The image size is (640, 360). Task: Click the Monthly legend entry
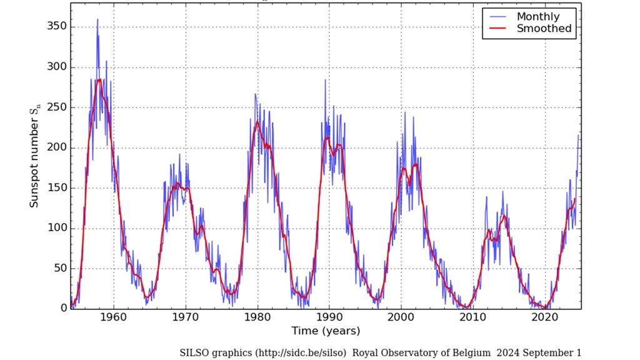(537, 17)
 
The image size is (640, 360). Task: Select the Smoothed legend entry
(543, 29)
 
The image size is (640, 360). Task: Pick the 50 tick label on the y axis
(59, 269)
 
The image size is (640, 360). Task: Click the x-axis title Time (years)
(326, 331)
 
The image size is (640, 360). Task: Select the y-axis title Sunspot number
(35, 157)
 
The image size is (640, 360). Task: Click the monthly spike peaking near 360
(97, 21)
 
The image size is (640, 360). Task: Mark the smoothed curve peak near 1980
(257, 122)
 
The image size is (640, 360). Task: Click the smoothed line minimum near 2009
(466, 307)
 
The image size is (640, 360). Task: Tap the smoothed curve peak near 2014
(504, 216)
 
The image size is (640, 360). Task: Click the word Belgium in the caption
(471, 352)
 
